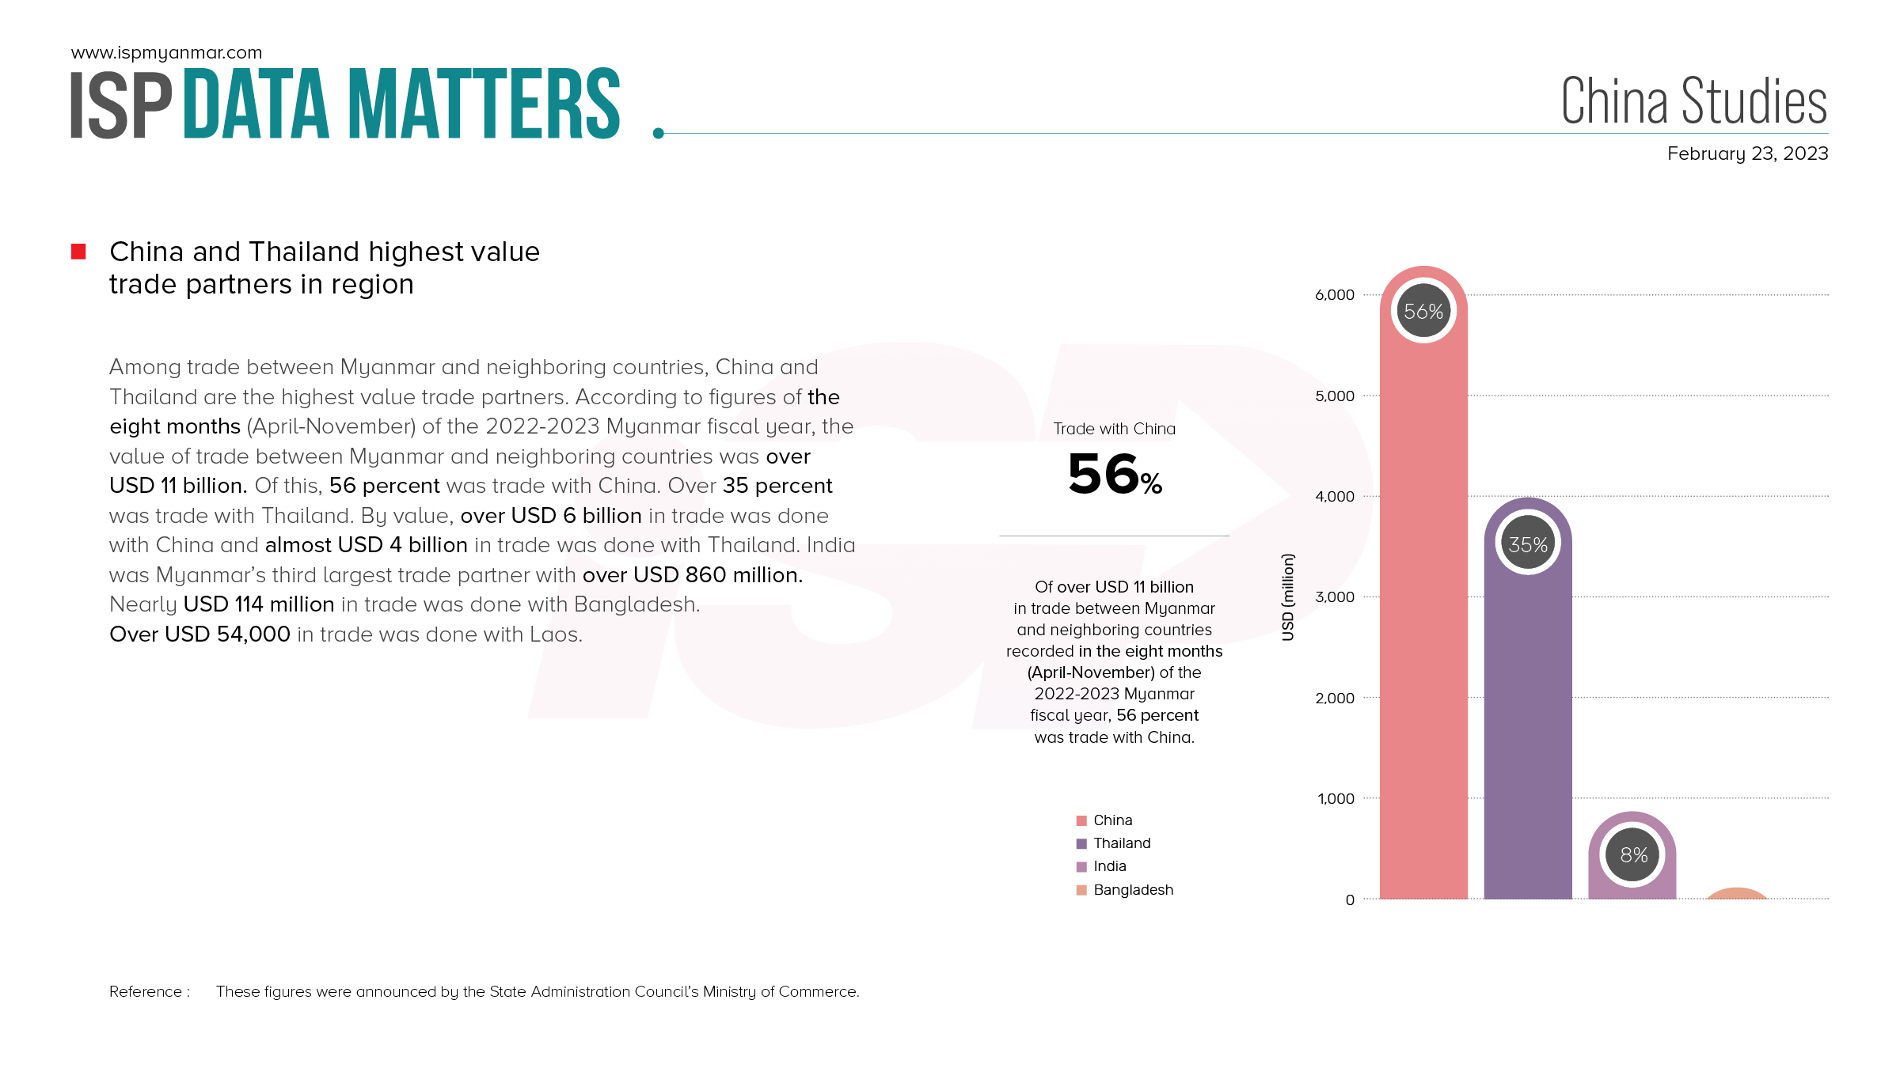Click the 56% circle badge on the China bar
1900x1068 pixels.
[x=1423, y=312]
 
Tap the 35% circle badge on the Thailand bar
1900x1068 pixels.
[x=1528, y=544]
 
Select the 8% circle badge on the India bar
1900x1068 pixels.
[x=1633, y=855]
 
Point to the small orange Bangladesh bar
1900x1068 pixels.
[x=1736, y=894]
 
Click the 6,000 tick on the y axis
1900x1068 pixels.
[x=1335, y=295]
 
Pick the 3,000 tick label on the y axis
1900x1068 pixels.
[x=1335, y=597]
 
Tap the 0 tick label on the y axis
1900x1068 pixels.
[x=1350, y=899]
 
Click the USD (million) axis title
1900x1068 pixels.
[x=1288, y=597]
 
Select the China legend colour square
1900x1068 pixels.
[x=1081, y=820]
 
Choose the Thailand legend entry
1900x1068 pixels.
[x=1122, y=843]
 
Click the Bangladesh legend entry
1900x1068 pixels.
[x=1133, y=890]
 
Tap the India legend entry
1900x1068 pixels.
[x=1109, y=866]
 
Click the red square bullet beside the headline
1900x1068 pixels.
[x=78, y=252]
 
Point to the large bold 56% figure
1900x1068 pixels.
[x=1115, y=475]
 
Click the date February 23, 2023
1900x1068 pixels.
[x=1747, y=153]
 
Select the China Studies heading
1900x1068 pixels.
[x=1693, y=101]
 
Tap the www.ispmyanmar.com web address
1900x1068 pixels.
[x=166, y=53]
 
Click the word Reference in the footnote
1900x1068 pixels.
[x=146, y=992]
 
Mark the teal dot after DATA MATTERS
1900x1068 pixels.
[x=658, y=134]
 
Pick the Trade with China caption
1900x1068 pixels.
[x=1114, y=429]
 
